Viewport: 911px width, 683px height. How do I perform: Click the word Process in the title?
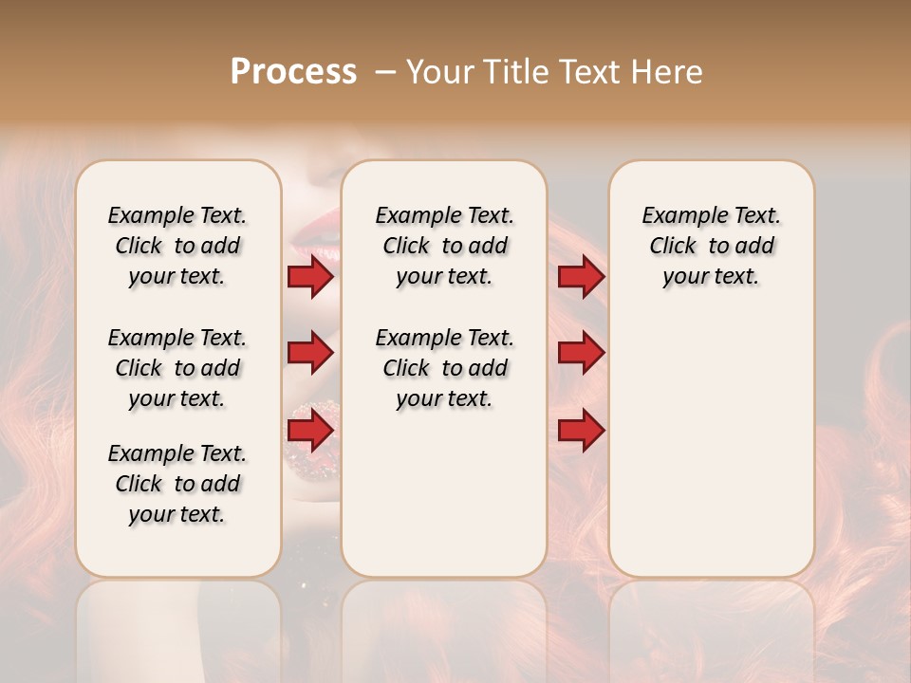pos(293,72)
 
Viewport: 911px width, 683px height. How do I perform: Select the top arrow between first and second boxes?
pos(310,277)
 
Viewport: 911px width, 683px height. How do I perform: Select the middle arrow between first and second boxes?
pos(310,353)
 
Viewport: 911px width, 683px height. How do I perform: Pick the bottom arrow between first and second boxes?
pos(310,431)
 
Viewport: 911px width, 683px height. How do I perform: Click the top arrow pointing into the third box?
pos(581,277)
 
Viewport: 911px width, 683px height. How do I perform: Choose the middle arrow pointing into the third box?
pos(581,353)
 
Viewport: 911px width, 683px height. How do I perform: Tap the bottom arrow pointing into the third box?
pos(581,431)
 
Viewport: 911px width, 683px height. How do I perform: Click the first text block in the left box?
pos(177,246)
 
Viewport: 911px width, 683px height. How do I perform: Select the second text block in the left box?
pos(177,368)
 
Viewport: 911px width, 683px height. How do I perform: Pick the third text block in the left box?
pos(177,484)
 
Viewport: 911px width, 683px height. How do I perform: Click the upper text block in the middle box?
pos(444,246)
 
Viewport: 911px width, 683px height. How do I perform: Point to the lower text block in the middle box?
pos(444,368)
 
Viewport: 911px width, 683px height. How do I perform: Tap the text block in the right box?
pos(711,246)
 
